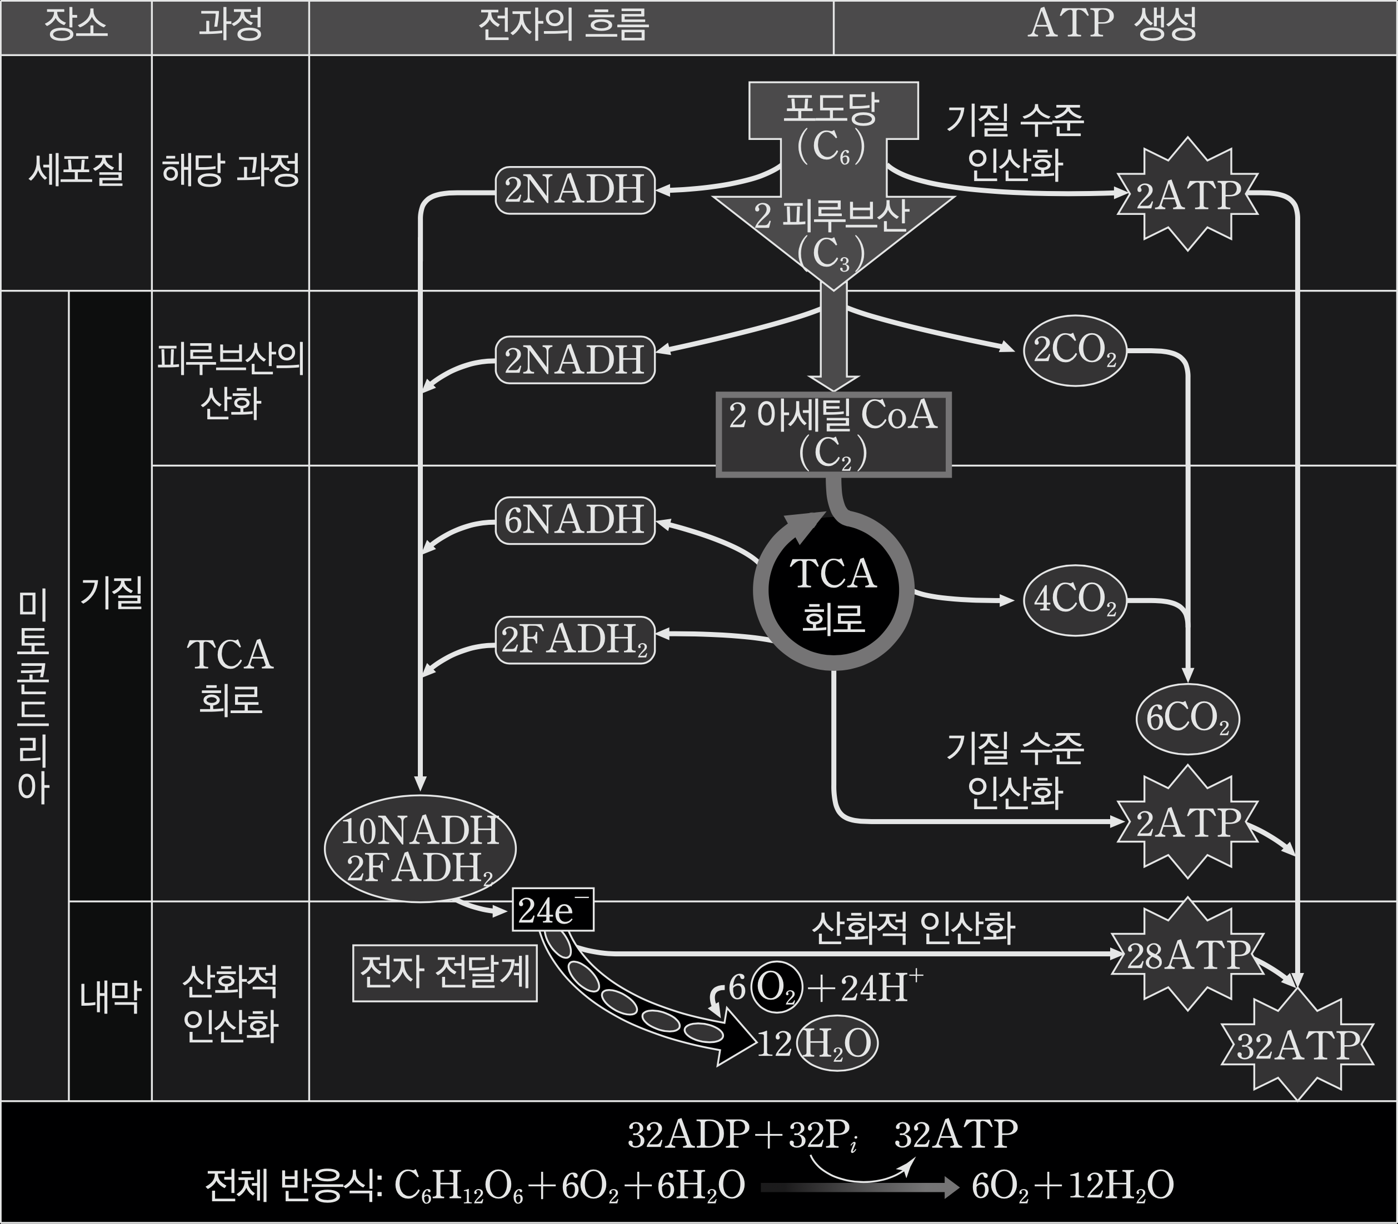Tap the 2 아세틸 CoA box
click(x=833, y=434)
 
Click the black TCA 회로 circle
click(x=833, y=592)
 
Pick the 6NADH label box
click(x=575, y=520)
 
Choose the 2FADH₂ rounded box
click(x=575, y=640)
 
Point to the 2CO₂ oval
click(x=1075, y=350)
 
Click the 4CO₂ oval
click(x=1075, y=600)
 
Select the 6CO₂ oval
click(x=1187, y=719)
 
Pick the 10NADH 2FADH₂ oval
click(x=420, y=849)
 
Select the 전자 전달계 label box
click(x=445, y=972)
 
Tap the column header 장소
click(x=76, y=26)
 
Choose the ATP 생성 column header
click(x=1114, y=26)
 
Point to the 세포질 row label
click(x=76, y=169)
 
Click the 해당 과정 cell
click(x=230, y=169)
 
